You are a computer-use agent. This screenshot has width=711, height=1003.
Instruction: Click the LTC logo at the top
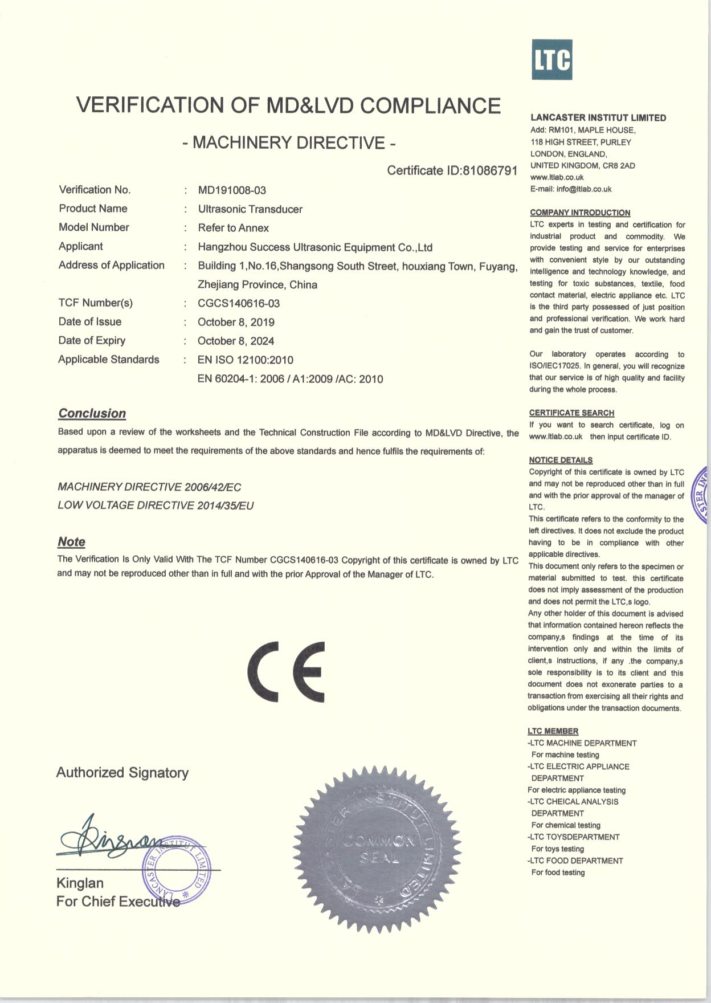(551, 60)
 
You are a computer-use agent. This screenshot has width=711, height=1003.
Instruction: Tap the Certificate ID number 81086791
(489, 170)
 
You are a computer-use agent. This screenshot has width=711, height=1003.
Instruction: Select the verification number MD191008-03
(232, 190)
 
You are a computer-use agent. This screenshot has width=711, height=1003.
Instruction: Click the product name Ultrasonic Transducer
(250, 209)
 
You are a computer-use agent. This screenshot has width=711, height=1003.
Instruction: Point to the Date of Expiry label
(92, 341)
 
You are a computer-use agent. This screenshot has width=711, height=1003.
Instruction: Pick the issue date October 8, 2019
(236, 323)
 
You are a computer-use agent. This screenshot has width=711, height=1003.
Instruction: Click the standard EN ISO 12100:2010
(246, 360)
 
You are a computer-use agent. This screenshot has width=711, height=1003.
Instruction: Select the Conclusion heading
(92, 414)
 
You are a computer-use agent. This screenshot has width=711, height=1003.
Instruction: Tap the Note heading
(72, 542)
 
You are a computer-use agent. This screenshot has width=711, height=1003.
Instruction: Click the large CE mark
(287, 672)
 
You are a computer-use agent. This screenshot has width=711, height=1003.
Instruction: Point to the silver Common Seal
(379, 849)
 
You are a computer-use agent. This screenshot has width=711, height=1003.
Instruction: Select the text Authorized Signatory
(122, 773)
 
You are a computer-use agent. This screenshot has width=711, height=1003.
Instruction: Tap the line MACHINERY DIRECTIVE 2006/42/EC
(149, 487)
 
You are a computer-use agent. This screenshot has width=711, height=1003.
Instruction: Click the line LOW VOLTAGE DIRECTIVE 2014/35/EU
(156, 505)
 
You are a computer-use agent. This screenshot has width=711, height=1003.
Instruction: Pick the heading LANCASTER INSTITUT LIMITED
(598, 118)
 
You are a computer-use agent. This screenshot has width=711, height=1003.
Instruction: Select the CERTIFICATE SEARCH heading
(571, 413)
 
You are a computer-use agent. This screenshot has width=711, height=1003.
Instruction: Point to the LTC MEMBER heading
(553, 731)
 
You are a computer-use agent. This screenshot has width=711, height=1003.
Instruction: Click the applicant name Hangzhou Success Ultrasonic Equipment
(315, 247)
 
